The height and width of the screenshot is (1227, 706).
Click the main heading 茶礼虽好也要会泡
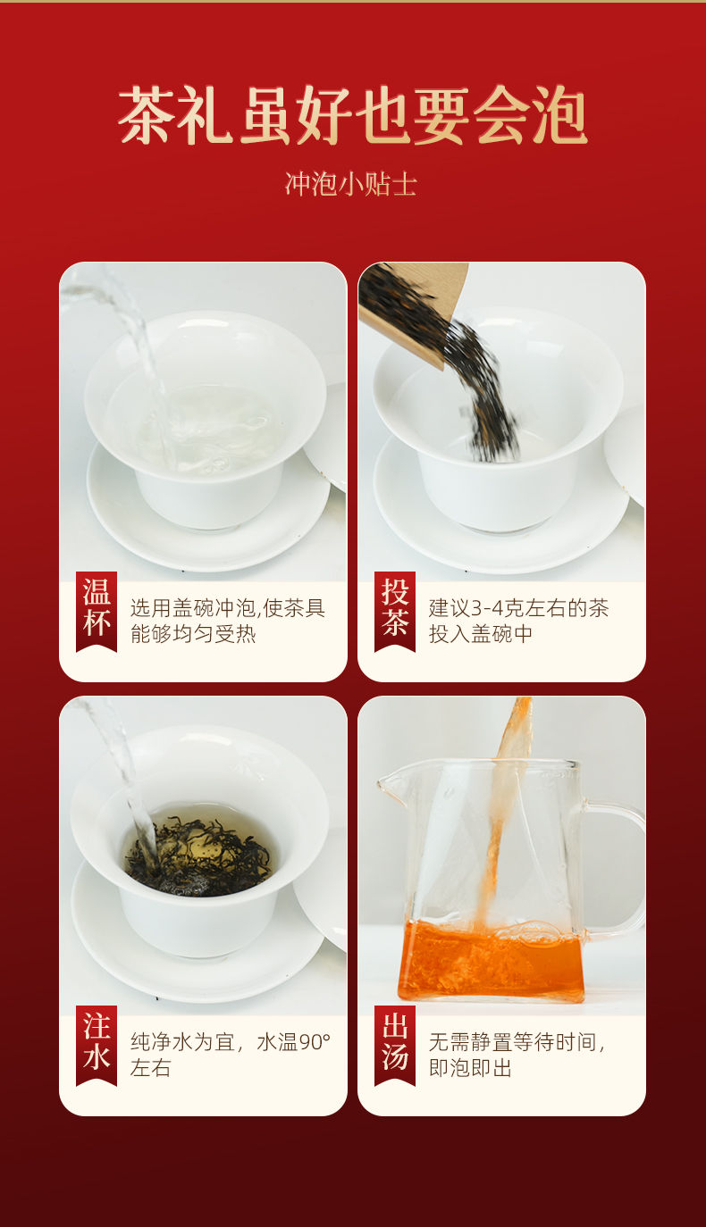353,115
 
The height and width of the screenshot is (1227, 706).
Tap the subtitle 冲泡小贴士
351,184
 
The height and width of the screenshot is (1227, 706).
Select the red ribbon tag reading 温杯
97,612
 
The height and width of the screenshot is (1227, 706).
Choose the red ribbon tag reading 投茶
395,612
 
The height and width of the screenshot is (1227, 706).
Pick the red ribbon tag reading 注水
97,1046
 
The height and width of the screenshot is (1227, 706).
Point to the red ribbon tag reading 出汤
395,1046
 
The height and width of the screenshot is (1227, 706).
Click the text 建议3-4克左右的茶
518,608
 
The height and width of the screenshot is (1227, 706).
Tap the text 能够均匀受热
193,634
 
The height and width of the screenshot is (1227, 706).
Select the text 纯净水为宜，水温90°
231,1042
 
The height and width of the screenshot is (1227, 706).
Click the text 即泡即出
470,1068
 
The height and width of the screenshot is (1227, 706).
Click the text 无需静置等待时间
512,1042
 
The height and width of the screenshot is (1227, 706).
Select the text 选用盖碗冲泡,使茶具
228,608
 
